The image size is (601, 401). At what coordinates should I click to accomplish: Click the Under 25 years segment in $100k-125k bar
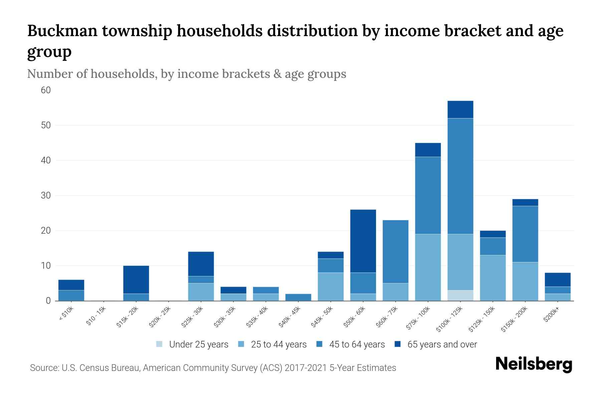(460, 295)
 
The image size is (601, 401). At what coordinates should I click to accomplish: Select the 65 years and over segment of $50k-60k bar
(363, 241)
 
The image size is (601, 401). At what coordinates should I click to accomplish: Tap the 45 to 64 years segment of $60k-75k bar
(395, 251)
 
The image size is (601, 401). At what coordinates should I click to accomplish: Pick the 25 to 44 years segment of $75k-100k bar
(428, 267)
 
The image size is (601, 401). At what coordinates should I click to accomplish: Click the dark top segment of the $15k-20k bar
(136, 279)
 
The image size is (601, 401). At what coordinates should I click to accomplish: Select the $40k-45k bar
(298, 297)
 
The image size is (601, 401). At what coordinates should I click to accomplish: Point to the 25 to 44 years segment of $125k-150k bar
(492, 278)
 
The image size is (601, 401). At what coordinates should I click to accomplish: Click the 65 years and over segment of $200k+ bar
(557, 280)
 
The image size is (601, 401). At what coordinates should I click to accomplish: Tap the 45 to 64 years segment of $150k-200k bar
(525, 234)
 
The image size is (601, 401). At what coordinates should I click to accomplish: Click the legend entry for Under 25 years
(192, 344)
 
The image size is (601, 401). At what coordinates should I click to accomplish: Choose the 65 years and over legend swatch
(398, 344)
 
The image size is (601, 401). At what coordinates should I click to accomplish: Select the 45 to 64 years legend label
(357, 344)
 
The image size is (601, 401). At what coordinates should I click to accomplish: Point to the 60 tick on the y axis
(46, 90)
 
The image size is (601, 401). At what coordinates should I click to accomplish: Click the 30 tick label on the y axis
(46, 195)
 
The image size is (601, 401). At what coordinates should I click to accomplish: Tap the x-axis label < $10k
(66, 314)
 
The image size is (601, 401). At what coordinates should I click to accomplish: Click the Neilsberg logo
(534, 364)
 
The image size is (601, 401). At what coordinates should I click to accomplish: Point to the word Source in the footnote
(44, 368)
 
